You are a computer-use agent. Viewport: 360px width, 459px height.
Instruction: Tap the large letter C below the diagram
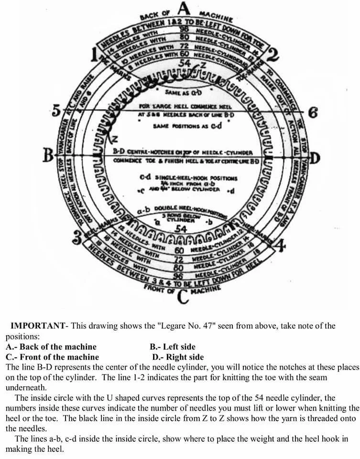[x=182, y=297]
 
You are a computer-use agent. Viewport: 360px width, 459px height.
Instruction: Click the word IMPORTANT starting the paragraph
[x=37, y=326]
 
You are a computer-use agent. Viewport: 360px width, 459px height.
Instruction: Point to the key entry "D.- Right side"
[x=177, y=357]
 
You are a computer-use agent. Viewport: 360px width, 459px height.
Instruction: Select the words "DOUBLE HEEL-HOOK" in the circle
[x=182, y=208]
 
